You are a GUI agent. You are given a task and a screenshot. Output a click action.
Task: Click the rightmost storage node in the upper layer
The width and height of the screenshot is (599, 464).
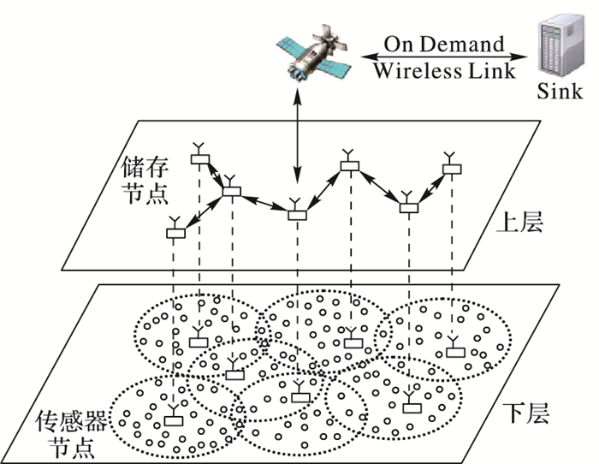(450, 168)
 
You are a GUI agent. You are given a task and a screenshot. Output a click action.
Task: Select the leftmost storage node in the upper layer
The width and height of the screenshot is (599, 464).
(175, 232)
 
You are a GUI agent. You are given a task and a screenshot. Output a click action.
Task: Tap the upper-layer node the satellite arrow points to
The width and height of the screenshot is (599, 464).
(296, 214)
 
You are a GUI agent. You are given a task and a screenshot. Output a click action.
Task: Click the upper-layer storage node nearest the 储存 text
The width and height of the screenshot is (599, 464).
(200, 158)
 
